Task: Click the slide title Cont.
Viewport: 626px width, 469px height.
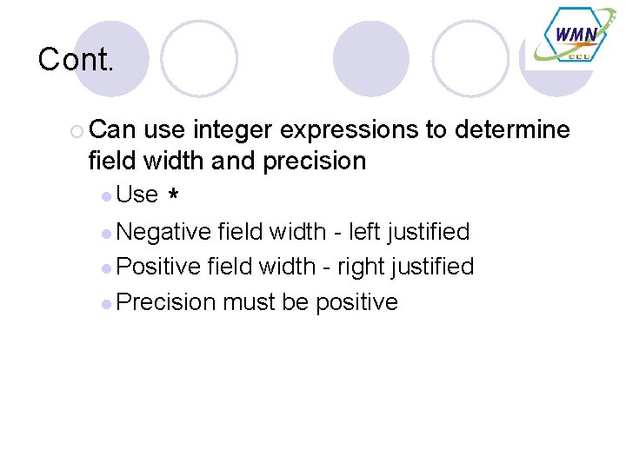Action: click(x=77, y=60)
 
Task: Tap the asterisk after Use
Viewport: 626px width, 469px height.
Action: click(x=174, y=197)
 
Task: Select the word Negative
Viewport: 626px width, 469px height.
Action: click(x=163, y=232)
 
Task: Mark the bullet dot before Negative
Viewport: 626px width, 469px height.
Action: click(x=106, y=233)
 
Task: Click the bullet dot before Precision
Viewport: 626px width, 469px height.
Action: click(x=106, y=303)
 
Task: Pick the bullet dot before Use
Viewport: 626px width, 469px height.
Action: click(x=106, y=196)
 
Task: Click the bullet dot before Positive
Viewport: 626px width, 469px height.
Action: click(x=106, y=268)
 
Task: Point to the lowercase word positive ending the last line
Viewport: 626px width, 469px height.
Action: click(x=356, y=302)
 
